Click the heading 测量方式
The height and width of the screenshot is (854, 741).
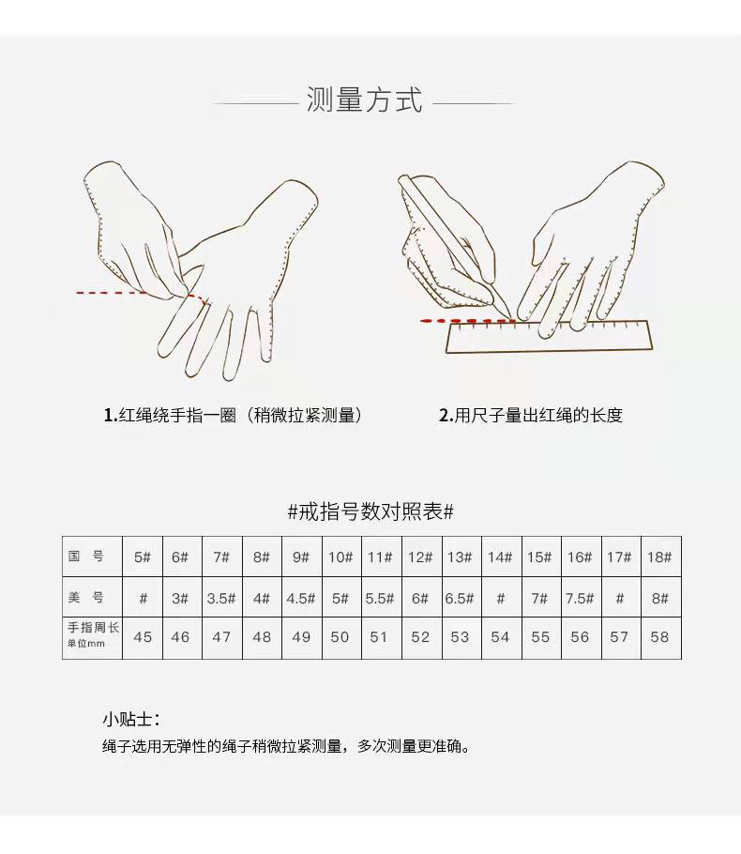(365, 99)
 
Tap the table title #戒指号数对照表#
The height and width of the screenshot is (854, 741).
(370, 511)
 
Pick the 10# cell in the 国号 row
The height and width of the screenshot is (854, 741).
(340, 557)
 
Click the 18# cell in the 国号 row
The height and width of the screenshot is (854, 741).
(659, 557)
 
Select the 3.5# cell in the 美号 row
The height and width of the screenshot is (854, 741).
(221, 598)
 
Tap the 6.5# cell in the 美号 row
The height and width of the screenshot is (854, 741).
(460, 598)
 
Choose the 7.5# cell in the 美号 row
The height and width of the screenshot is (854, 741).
(580, 598)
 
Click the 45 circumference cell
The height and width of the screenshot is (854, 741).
(143, 637)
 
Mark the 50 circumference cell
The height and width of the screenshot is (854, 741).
(340, 637)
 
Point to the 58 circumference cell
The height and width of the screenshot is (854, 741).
(659, 637)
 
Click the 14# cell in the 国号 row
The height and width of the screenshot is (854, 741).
(500, 557)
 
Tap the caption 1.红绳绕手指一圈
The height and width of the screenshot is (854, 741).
(233, 415)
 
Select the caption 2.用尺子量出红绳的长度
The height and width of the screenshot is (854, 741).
(531, 415)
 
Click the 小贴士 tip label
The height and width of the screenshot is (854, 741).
(130, 720)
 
